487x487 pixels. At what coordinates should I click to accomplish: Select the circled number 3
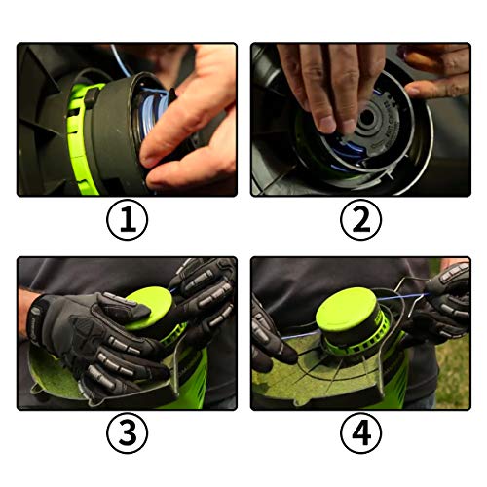(x=127, y=434)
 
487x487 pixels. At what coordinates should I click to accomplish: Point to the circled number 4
(x=359, y=434)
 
